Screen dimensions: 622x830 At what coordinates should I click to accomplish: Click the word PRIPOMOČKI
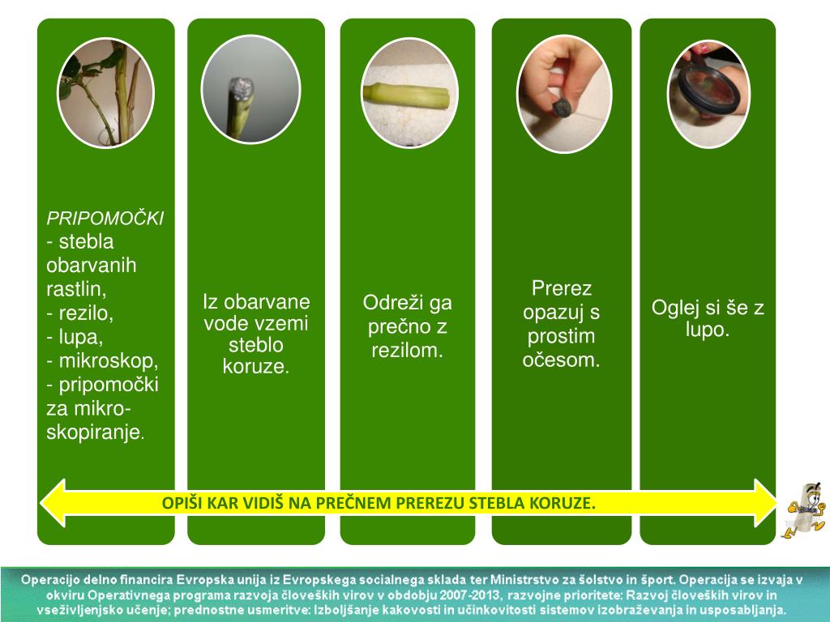(x=105, y=218)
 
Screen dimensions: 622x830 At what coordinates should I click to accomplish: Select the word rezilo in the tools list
(x=85, y=313)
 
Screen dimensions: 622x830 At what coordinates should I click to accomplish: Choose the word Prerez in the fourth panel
(x=562, y=289)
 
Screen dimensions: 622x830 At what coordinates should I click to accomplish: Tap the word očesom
(x=562, y=360)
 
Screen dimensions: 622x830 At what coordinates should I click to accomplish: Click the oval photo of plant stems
(x=105, y=93)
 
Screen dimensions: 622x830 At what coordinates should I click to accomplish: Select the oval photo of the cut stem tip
(x=250, y=90)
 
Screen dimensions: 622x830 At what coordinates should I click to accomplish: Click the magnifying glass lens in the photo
(x=708, y=90)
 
